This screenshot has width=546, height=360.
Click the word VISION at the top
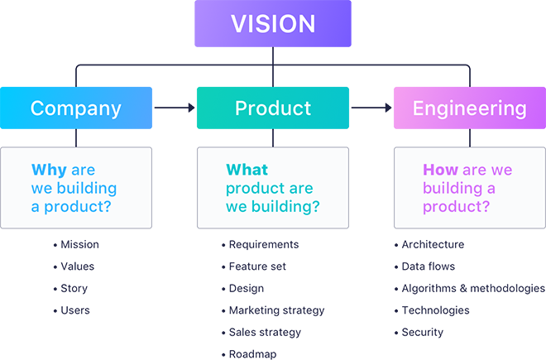pos(272,23)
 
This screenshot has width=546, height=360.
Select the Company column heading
pos(75,108)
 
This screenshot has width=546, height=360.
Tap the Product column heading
pos(273,108)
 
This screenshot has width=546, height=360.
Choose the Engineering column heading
pos(469,108)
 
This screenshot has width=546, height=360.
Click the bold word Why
pos(49,170)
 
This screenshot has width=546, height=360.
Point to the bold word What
pos(247,170)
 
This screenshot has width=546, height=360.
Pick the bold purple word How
pos(440,170)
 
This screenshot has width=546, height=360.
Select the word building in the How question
pos(451,188)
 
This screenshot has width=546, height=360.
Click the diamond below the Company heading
pos(75,137)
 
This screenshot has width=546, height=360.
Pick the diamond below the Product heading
pos(273,137)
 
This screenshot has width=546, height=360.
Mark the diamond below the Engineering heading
pos(469,137)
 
